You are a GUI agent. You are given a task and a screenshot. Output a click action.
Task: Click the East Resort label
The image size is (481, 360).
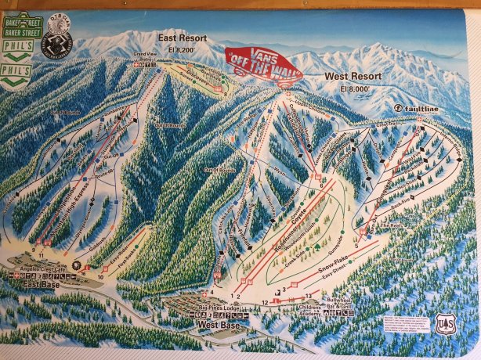(183, 38)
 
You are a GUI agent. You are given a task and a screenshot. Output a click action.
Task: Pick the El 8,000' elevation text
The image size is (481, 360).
(355, 88)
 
